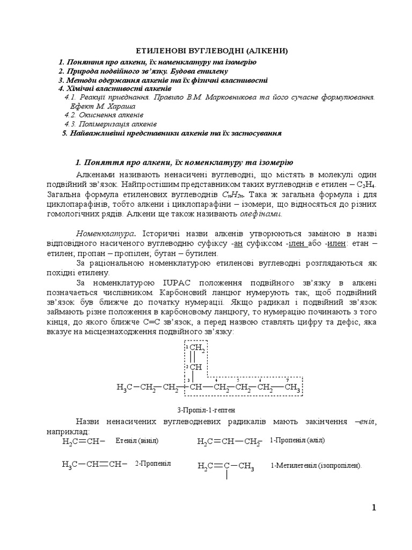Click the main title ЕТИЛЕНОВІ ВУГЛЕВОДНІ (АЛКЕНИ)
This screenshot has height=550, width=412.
click(x=207, y=51)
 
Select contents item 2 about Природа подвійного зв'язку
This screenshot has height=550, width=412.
click(x=143, y=71)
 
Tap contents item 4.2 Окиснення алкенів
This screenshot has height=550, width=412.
click(x=104, y=115)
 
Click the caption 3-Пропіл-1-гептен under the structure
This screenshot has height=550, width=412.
click(x=205, y=410)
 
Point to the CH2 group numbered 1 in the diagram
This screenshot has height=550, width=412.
click(x=196, y=350)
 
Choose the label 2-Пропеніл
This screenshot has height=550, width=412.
click(x=153, y=464)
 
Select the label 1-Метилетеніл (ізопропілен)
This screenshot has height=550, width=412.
click(x=317, y=466)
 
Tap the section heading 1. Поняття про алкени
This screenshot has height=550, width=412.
click(x=184, y=162)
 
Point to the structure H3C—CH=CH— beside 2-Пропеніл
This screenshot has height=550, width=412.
click(x=94, y=465)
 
